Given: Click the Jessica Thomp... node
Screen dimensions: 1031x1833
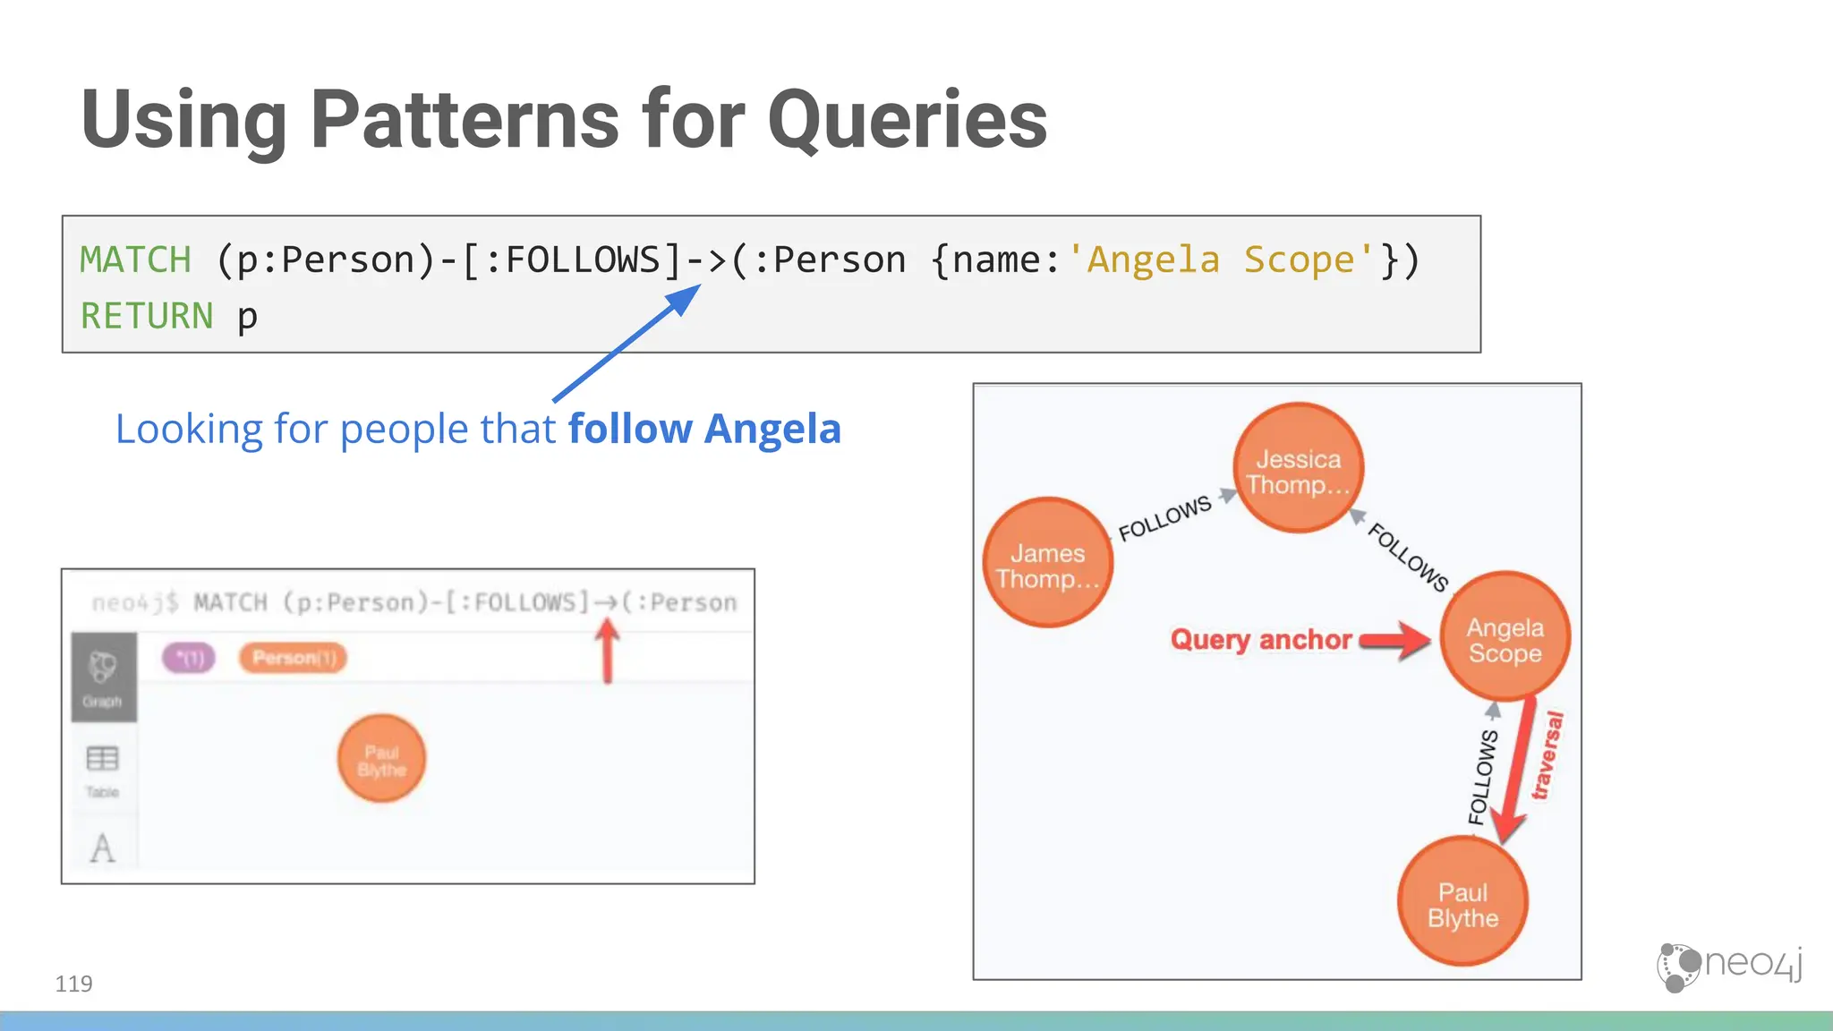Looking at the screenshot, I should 1298,468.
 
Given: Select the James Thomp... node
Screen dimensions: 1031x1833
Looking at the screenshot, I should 1048,563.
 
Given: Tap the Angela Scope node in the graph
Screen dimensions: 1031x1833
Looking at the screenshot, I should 1505,636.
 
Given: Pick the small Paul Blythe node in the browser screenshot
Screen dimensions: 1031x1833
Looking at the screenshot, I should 381,759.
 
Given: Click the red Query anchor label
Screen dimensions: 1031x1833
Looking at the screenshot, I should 1260,639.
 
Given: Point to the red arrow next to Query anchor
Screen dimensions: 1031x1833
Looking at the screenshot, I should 1396,640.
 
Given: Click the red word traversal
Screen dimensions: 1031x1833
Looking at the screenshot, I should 1547,754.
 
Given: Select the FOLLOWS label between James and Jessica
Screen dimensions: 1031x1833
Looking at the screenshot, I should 1164,518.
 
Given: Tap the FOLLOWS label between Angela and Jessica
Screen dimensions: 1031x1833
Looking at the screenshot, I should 1408,558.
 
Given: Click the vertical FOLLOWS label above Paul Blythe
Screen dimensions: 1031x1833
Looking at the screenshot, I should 1482,776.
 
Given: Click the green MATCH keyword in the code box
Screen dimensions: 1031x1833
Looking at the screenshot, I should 135,260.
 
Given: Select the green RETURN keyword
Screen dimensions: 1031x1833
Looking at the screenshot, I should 147,316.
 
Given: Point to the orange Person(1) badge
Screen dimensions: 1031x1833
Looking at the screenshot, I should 293,658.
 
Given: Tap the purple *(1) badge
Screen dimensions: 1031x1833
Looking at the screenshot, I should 189,658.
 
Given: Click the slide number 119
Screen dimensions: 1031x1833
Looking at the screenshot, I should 73,984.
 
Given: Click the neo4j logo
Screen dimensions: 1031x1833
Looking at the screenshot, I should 1729,966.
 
